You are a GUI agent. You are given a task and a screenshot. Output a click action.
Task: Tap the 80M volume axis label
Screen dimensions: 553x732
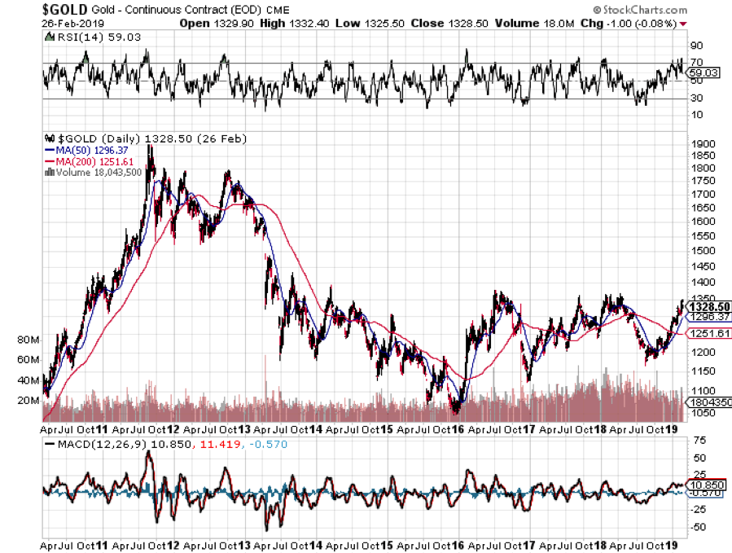pyautogui.click(x=28, y=340)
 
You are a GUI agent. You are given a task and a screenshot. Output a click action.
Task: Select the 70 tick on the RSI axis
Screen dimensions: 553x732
pyautogui.click(x=695, y=63)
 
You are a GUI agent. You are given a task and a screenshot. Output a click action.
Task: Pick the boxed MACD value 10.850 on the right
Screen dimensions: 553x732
pyautogui.click(x=704, y=484)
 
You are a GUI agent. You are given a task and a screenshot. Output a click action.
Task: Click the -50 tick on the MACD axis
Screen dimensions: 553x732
pyautogui.click(x=697, y=527)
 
